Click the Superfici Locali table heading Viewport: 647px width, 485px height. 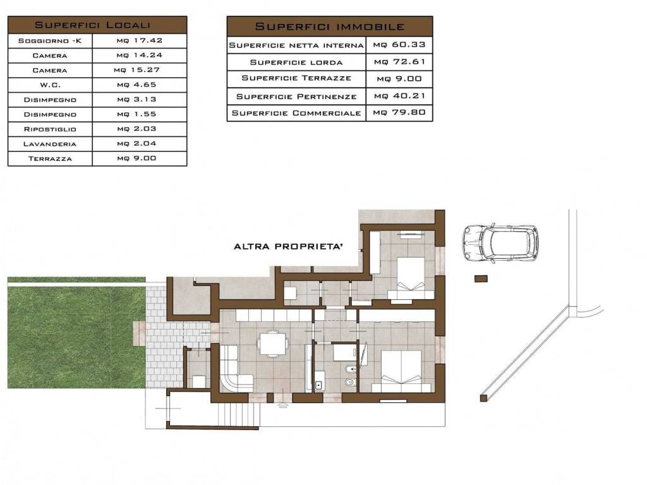(x=92, y=25)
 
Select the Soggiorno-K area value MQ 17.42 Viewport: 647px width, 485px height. (x=140, y=40)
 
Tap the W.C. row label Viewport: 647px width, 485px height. (x=50, y=85)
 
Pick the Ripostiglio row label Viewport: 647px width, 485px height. (x=50, y=129)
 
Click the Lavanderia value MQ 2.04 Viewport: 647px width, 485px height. (x=136, y=143)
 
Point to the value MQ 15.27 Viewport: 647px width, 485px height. (x=136, y=70)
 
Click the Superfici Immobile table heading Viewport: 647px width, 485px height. (x=330, y=27)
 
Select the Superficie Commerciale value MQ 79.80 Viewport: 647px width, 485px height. (x=399, y=112)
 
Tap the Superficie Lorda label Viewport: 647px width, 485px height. (x=296, y=63)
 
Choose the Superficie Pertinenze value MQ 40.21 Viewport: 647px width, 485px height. (x=399, y=96)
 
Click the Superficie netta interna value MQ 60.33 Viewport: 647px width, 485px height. (x=399, y=45)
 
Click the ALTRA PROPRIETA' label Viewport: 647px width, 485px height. (x=288, y=247)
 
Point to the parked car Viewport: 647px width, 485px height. (x=500, y=244)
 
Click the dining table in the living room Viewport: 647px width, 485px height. (x=272, y=343)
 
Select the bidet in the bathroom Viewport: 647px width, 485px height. (x=350, y=369)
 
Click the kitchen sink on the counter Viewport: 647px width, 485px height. (x=319, y=385)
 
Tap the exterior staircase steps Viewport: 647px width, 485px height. (x=239, y=414)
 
